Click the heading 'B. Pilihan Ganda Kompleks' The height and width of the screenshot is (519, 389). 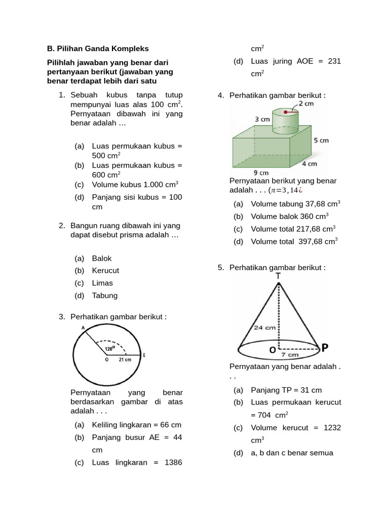(x=98, y=49)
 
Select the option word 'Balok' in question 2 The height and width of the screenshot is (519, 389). (x=102, y=258)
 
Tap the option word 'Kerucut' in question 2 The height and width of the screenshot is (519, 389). (x=105, y=271)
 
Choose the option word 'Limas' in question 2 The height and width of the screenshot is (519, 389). (x=102, y=283)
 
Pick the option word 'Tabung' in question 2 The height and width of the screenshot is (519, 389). (x=105, y=295)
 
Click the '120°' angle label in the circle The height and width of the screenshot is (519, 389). (x=109, y=349)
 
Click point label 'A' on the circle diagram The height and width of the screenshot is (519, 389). (x=83, y=328)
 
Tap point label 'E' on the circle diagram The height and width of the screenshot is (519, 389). (x=144, y=355)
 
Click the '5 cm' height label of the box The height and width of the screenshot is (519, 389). (x=321, y=140)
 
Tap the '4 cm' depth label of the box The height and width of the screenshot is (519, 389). (x=309, y=164)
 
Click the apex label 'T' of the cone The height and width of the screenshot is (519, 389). (x=278, y=276)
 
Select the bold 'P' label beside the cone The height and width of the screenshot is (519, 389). (x=325, y=347)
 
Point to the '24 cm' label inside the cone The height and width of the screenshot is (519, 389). (x=265, y=327)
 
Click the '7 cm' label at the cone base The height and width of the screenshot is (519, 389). (x=293, y=355)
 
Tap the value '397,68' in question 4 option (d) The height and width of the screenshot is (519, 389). (x=309, y=241)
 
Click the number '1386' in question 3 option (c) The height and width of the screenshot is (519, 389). (x=172, y=462)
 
